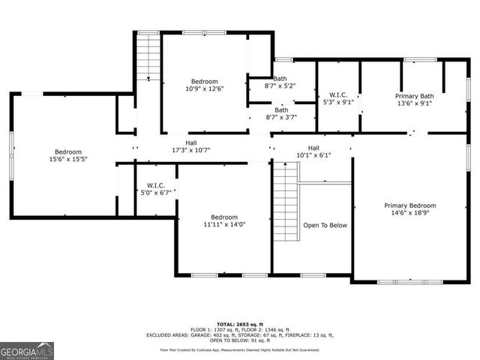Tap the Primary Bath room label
tap(415, 96)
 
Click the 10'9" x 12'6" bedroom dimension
tap(204, 89)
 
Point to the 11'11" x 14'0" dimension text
tap(223, 223)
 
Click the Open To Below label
tap(325, 225)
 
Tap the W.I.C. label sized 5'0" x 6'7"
tap(155, 185)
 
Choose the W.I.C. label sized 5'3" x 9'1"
tap(339, 96)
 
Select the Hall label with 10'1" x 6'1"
tap(313, 148)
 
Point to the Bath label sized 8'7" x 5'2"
tap(280, 79)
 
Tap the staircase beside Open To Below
tap(285, 201)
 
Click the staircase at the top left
tap(148, 56)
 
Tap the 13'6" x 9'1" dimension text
tap(415, 104)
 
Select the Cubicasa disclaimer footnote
tap(239, 349)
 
